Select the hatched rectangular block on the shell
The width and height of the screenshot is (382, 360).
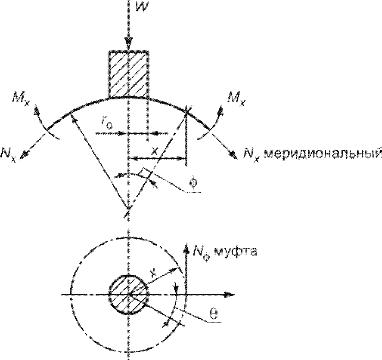pos(128,74)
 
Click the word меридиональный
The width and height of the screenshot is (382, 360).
pos(322,153)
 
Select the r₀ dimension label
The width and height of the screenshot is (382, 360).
pos(108,123)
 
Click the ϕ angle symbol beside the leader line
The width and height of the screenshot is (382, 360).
pos(193,182)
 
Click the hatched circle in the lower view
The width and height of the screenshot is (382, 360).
pos(128,295)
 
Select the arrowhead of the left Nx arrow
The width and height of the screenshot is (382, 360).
pos(24,156)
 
